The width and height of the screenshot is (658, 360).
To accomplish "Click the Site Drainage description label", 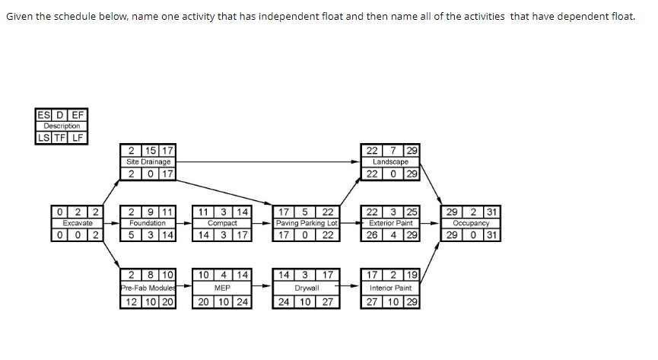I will (x=148, y=161).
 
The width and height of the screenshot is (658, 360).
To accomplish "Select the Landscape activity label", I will (x=390, y=161).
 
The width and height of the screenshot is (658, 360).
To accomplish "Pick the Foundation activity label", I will (x=148, y=224).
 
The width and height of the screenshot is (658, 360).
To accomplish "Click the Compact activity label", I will (x=222, y=224).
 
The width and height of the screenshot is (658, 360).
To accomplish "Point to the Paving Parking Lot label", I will (x=306, y=224).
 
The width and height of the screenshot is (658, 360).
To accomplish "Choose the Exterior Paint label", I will (x=390, y=224).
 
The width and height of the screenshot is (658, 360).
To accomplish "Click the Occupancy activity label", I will (x=472, y=224).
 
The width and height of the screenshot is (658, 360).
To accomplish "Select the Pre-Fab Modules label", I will (x=148, y=288).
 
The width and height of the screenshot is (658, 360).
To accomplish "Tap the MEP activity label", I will (x=222, y=288).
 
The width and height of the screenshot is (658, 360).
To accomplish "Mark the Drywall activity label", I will (x=306, y=288).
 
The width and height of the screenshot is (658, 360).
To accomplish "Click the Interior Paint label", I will (x=390, y=288).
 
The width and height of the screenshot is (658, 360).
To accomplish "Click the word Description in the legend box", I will (x=62, y=126).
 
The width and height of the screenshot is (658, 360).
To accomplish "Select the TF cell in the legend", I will (x=62, y=138).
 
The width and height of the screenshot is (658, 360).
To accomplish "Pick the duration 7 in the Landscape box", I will (x=391, y=151).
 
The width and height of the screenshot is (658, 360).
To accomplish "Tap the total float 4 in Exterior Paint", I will (x=391, y=235).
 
